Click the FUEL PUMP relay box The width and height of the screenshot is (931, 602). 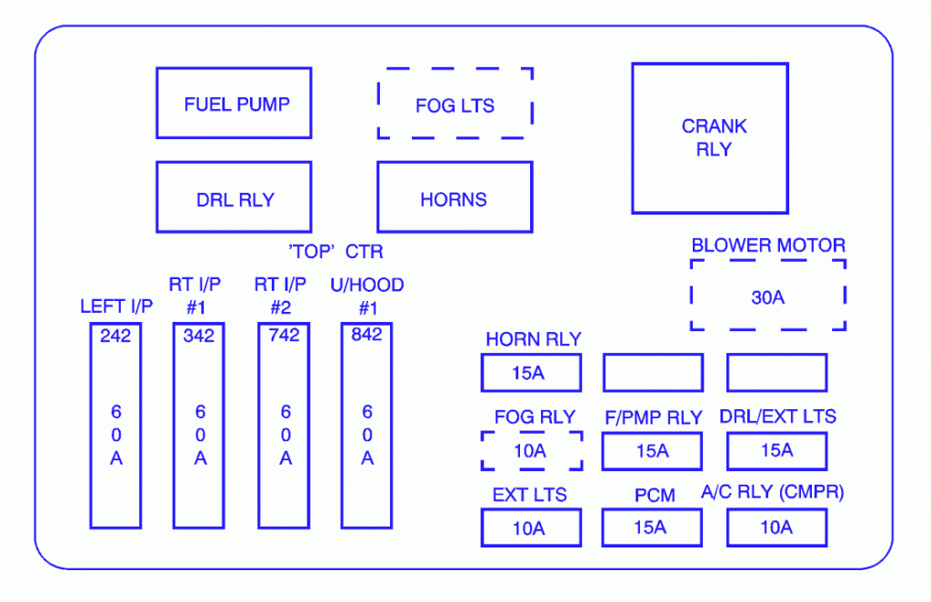[x=235, y=104]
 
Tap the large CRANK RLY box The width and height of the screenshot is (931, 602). [x=709, y=138]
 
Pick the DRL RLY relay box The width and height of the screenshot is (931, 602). [x=235, y=198]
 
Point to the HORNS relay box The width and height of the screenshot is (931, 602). [x=455, y=198]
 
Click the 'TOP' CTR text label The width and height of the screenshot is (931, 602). [x=335, y=252]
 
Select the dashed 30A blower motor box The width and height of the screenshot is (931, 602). [x=768, y=296]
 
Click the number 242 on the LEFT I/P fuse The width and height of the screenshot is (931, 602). [x=115, y=336]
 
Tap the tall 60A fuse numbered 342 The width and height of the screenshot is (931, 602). [x=199, y=427]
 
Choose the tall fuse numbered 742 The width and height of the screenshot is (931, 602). [x=284, y=427]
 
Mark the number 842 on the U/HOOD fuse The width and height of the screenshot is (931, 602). [x=366, y=336]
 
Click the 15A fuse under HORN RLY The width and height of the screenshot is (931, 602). [x=530, y=373]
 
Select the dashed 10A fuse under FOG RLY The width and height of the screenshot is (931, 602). [x=531, y=451]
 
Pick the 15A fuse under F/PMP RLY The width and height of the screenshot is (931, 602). [x=652, y=451]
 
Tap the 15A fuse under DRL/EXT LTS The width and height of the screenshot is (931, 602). [x=776, y=451]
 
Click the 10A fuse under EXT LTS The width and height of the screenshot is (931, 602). [x=530, y=527]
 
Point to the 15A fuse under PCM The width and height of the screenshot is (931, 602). [x=652, y=527]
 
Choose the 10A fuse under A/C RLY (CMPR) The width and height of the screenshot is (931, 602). [x=776, y=527]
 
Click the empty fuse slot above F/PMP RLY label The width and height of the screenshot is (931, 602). [x=653, y=373]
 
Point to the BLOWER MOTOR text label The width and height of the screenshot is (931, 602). [x=768, y=246]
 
